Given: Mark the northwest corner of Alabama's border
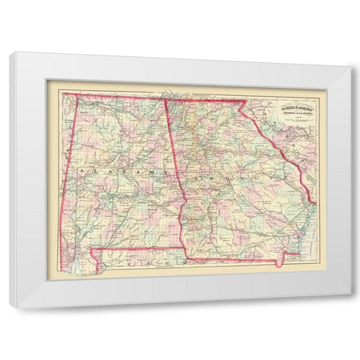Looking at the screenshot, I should tap(64, 94).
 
